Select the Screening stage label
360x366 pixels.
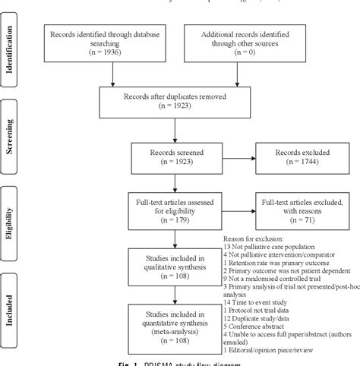(x=13, y=133)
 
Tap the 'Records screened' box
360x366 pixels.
(x=175, y=157)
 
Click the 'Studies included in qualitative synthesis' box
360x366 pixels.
(x=175, y=266)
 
